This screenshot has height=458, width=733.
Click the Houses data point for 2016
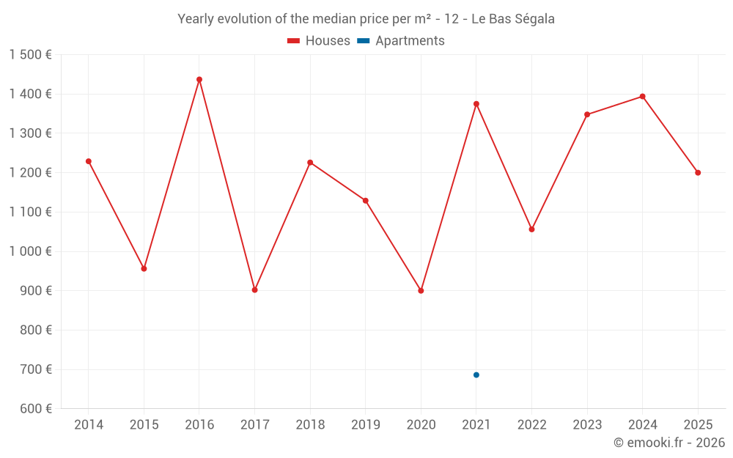pos(199,79)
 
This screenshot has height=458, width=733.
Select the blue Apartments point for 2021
pos(476,375)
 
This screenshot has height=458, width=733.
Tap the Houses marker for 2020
pos(421,291)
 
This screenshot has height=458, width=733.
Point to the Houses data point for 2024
pos(643,97)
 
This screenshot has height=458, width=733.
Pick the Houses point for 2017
pos(254,290)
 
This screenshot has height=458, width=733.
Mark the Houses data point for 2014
pos(89,161)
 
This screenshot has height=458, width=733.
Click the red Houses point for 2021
pos(476,104)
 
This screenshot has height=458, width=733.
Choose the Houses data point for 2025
pos(698,173)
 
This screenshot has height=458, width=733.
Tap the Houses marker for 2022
pos(531,229)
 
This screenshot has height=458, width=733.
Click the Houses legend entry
pos(319,41)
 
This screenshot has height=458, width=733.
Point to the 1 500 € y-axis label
pos(30,55)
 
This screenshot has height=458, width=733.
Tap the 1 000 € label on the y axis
pos(30,251)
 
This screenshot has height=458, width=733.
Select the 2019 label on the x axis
pos(365,425)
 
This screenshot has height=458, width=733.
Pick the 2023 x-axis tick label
pos(587,425)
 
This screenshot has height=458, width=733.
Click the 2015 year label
pos(144,425)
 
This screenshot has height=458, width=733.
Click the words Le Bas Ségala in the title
pos(512,19)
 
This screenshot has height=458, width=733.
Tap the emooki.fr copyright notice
pos(668,443)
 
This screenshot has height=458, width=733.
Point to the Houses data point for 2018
pos(310,163)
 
